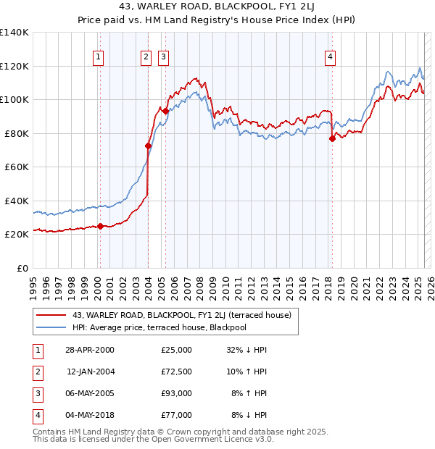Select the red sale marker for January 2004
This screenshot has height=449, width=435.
(148, 146)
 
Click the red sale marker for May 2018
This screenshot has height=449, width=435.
(332, 138)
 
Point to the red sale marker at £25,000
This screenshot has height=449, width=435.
(101, 226)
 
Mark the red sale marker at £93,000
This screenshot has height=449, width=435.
(165, 112)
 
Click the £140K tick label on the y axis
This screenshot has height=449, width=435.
(14, 33)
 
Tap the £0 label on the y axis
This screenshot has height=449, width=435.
(22, 268)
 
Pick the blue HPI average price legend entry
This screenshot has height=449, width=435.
(159, 328)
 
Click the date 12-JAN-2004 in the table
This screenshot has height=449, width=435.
(91, 372)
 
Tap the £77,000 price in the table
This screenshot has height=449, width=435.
(177, 415)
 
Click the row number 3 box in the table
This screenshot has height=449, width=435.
(37, 393)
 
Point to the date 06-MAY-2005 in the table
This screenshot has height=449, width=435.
(91, 393)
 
